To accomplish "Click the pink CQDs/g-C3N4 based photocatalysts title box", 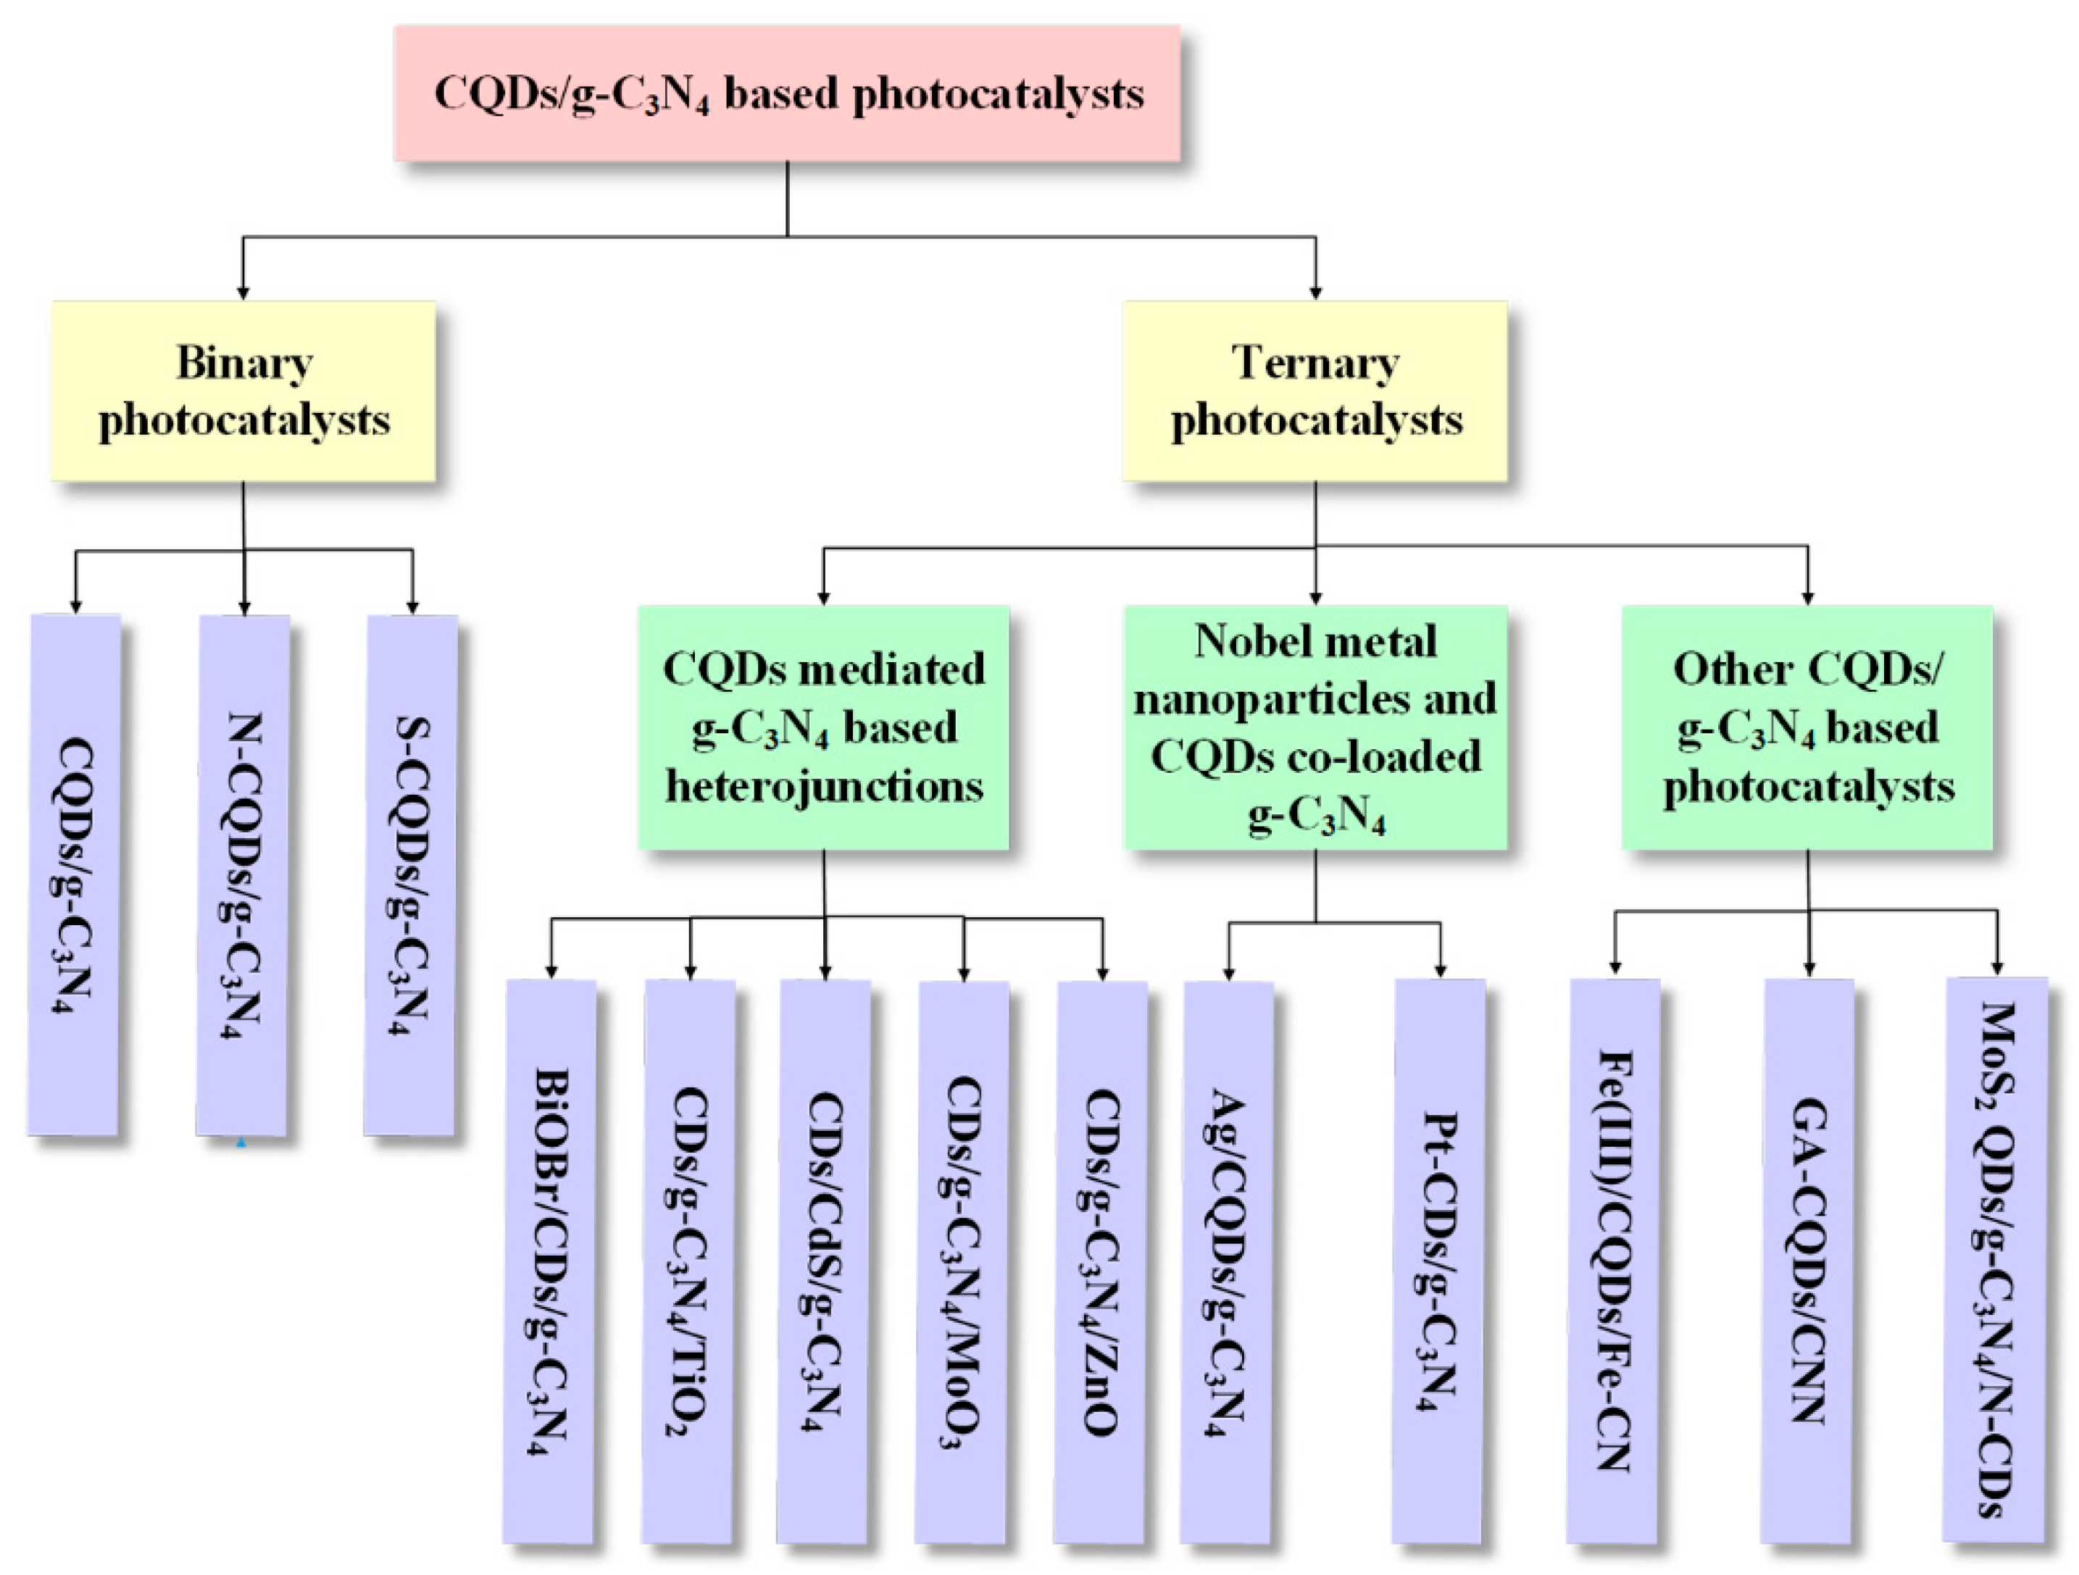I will point(787,93).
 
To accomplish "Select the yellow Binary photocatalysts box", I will point(243,391).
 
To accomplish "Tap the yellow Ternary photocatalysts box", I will point(1315,391).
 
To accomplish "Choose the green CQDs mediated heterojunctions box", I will point(823,727).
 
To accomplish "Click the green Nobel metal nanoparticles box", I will point(1315,727).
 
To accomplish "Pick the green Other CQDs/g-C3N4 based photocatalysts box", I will point(1807,727).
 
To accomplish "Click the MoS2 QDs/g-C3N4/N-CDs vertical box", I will point(1996,1259).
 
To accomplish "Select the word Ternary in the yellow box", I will point(1315,364).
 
